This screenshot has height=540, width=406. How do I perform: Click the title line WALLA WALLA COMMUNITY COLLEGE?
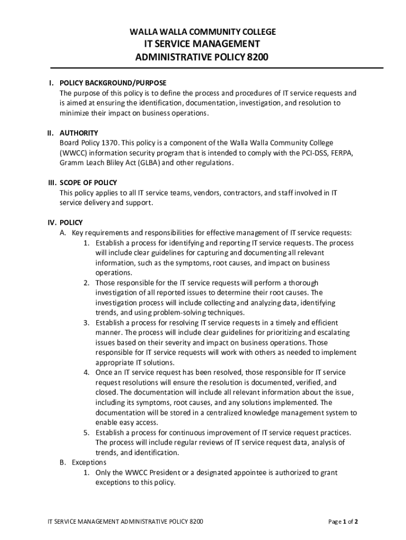[x=203, y=32]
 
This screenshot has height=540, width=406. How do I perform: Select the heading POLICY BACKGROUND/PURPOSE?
[x=113, y=83]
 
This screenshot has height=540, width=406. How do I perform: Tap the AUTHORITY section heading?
[x=79, y=133]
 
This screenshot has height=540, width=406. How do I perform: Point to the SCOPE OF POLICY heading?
[x=88, y=183]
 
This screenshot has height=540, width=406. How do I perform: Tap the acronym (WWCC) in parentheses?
[x=75, y=153]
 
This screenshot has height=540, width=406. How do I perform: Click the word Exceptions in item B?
[x=89, y=462]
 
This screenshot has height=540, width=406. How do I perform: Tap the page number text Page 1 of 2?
[x=343, y=522]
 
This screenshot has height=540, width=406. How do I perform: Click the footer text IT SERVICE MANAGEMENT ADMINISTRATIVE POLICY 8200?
[x=124, y=522]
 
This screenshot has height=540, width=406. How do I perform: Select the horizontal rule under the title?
[x=216, y=68]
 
